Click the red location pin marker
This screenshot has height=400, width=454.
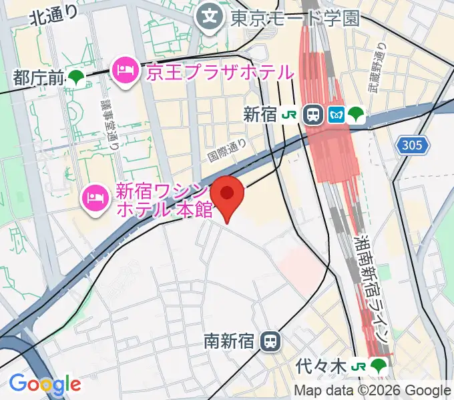228,195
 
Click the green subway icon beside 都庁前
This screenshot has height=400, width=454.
75,78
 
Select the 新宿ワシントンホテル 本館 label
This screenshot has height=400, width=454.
164,201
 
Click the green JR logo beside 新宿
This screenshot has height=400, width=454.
289,115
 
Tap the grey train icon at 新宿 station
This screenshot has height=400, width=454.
312,115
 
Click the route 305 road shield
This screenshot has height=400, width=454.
413,145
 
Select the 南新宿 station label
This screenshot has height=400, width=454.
229,341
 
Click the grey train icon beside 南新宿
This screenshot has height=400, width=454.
270,341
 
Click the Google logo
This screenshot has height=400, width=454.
45,384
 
